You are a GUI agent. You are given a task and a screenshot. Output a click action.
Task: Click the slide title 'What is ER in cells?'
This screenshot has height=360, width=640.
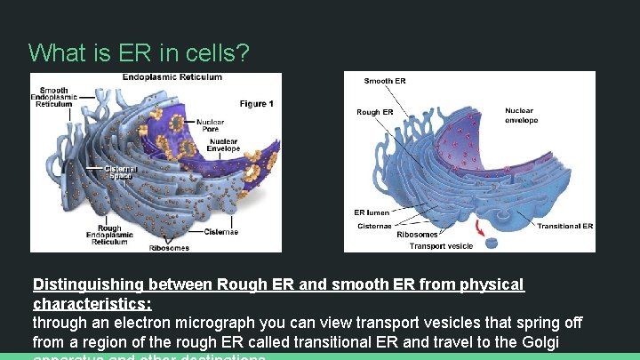pos(139,52)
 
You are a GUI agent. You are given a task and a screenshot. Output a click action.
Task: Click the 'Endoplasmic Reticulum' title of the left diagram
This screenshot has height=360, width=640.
pos(172,77)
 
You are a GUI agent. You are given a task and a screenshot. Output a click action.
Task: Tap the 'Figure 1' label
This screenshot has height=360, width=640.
pos(256,104)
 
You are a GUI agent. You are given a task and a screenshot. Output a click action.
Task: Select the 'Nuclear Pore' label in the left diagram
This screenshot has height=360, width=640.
pos(210,125)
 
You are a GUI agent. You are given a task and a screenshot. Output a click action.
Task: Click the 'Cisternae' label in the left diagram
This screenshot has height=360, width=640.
pos(221,232)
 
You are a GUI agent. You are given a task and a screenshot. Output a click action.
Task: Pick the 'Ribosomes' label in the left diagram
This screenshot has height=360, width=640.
pos(168,247)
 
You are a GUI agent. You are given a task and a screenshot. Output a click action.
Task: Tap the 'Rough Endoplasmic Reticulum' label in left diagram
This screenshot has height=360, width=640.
pos(109,235)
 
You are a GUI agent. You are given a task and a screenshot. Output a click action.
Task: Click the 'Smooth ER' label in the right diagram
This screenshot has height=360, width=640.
pos(385,81)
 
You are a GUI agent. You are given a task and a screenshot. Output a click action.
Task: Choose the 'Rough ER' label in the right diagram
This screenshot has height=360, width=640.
pos(374,112)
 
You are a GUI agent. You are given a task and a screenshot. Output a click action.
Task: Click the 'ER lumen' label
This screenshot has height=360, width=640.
pos(372,212)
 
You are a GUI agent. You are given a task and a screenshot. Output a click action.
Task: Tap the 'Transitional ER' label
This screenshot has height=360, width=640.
pos(564,226)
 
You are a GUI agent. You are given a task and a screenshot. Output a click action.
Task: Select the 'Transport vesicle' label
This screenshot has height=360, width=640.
pos(441,245)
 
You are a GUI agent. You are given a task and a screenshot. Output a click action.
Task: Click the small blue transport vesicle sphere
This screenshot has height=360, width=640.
pos(491,242)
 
